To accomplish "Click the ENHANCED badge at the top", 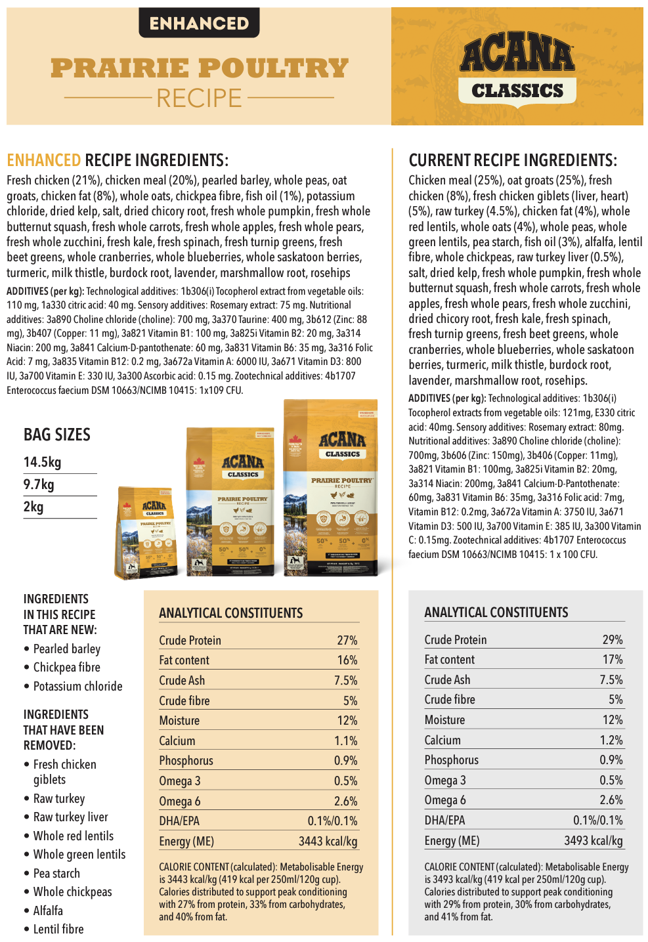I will coord(199,24).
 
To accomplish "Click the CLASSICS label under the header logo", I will coord(517,91).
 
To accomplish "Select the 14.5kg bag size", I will coord(43,462).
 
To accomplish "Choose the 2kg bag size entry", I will coord(33,507).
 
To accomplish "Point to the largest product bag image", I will coord(330,489).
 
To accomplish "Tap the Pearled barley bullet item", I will coord(67,649).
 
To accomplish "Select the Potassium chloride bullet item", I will coord(77,686).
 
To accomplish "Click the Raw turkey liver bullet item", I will coord(70,817).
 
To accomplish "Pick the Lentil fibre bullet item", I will coord(58,929).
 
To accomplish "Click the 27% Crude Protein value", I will coord(347,640).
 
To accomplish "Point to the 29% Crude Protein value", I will coord(612,639).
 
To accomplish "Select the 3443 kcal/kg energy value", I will coord(328,841).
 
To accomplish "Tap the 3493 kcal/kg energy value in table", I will coord(593,840).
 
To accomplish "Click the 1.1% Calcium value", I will coord(345,740).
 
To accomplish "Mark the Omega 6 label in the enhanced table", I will coord(180,801).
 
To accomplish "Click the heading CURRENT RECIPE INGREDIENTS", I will coord(512,160).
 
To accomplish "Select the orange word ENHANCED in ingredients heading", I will coord(43,160).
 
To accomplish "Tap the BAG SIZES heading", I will coord(57,435).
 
